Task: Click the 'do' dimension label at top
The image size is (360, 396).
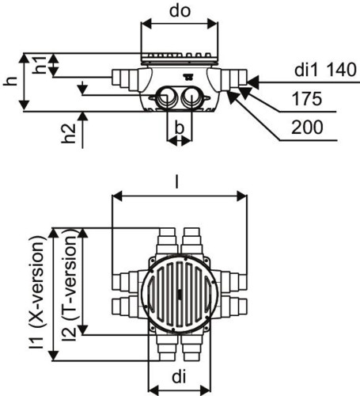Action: (180, 11)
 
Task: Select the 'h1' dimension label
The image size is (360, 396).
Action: (41, 65)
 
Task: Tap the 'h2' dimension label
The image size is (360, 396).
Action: (69, 134)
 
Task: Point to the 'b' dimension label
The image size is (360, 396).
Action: (179, 128)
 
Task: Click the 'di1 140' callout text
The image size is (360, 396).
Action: (325, 70)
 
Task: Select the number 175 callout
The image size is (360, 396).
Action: (307, 99)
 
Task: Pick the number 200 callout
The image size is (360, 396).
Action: (307, 128)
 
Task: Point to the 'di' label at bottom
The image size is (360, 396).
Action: (179, 377)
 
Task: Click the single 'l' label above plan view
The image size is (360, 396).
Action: (177, 183)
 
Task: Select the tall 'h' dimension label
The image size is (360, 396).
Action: (11, 82)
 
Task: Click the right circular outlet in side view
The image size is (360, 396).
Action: (191, 97)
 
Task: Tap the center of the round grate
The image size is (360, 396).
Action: (180, 294)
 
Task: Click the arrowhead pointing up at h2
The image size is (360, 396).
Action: (83, 116)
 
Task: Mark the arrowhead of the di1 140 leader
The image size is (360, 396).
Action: (252, 82)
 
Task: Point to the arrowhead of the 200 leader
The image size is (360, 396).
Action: (232, 97)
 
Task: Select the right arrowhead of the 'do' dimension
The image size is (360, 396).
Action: (213, 24)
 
